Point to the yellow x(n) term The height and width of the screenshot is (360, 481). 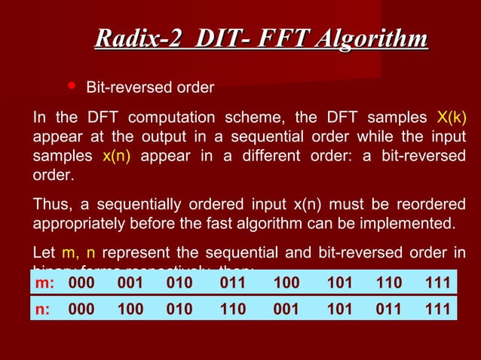pos(117,157)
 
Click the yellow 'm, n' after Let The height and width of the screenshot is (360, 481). pos(78,253)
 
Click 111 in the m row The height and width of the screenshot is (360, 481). pos(437,283)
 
